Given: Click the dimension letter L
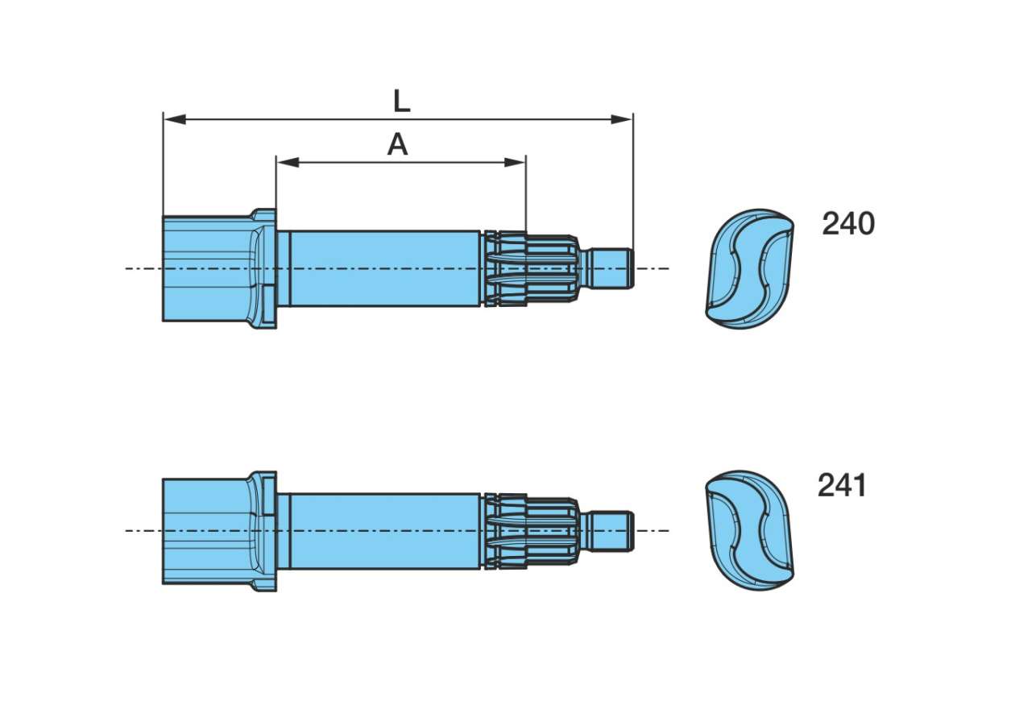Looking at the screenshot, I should [401, 102].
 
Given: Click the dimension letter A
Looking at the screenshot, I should [397, 145].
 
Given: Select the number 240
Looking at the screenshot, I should [847, 224].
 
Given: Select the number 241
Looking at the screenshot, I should [842, 486].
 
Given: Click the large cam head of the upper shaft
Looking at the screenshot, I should [205, 268].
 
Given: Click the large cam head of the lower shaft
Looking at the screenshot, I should [205, 531].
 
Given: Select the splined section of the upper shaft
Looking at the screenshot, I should [532, 268].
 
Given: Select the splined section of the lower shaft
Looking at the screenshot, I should [532, 531].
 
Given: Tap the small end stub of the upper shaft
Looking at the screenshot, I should [612, 268].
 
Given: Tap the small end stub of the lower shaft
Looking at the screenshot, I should [612, 531].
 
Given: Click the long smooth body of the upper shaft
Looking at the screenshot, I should [383, 268].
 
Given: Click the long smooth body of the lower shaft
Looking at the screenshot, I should [383, 531].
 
